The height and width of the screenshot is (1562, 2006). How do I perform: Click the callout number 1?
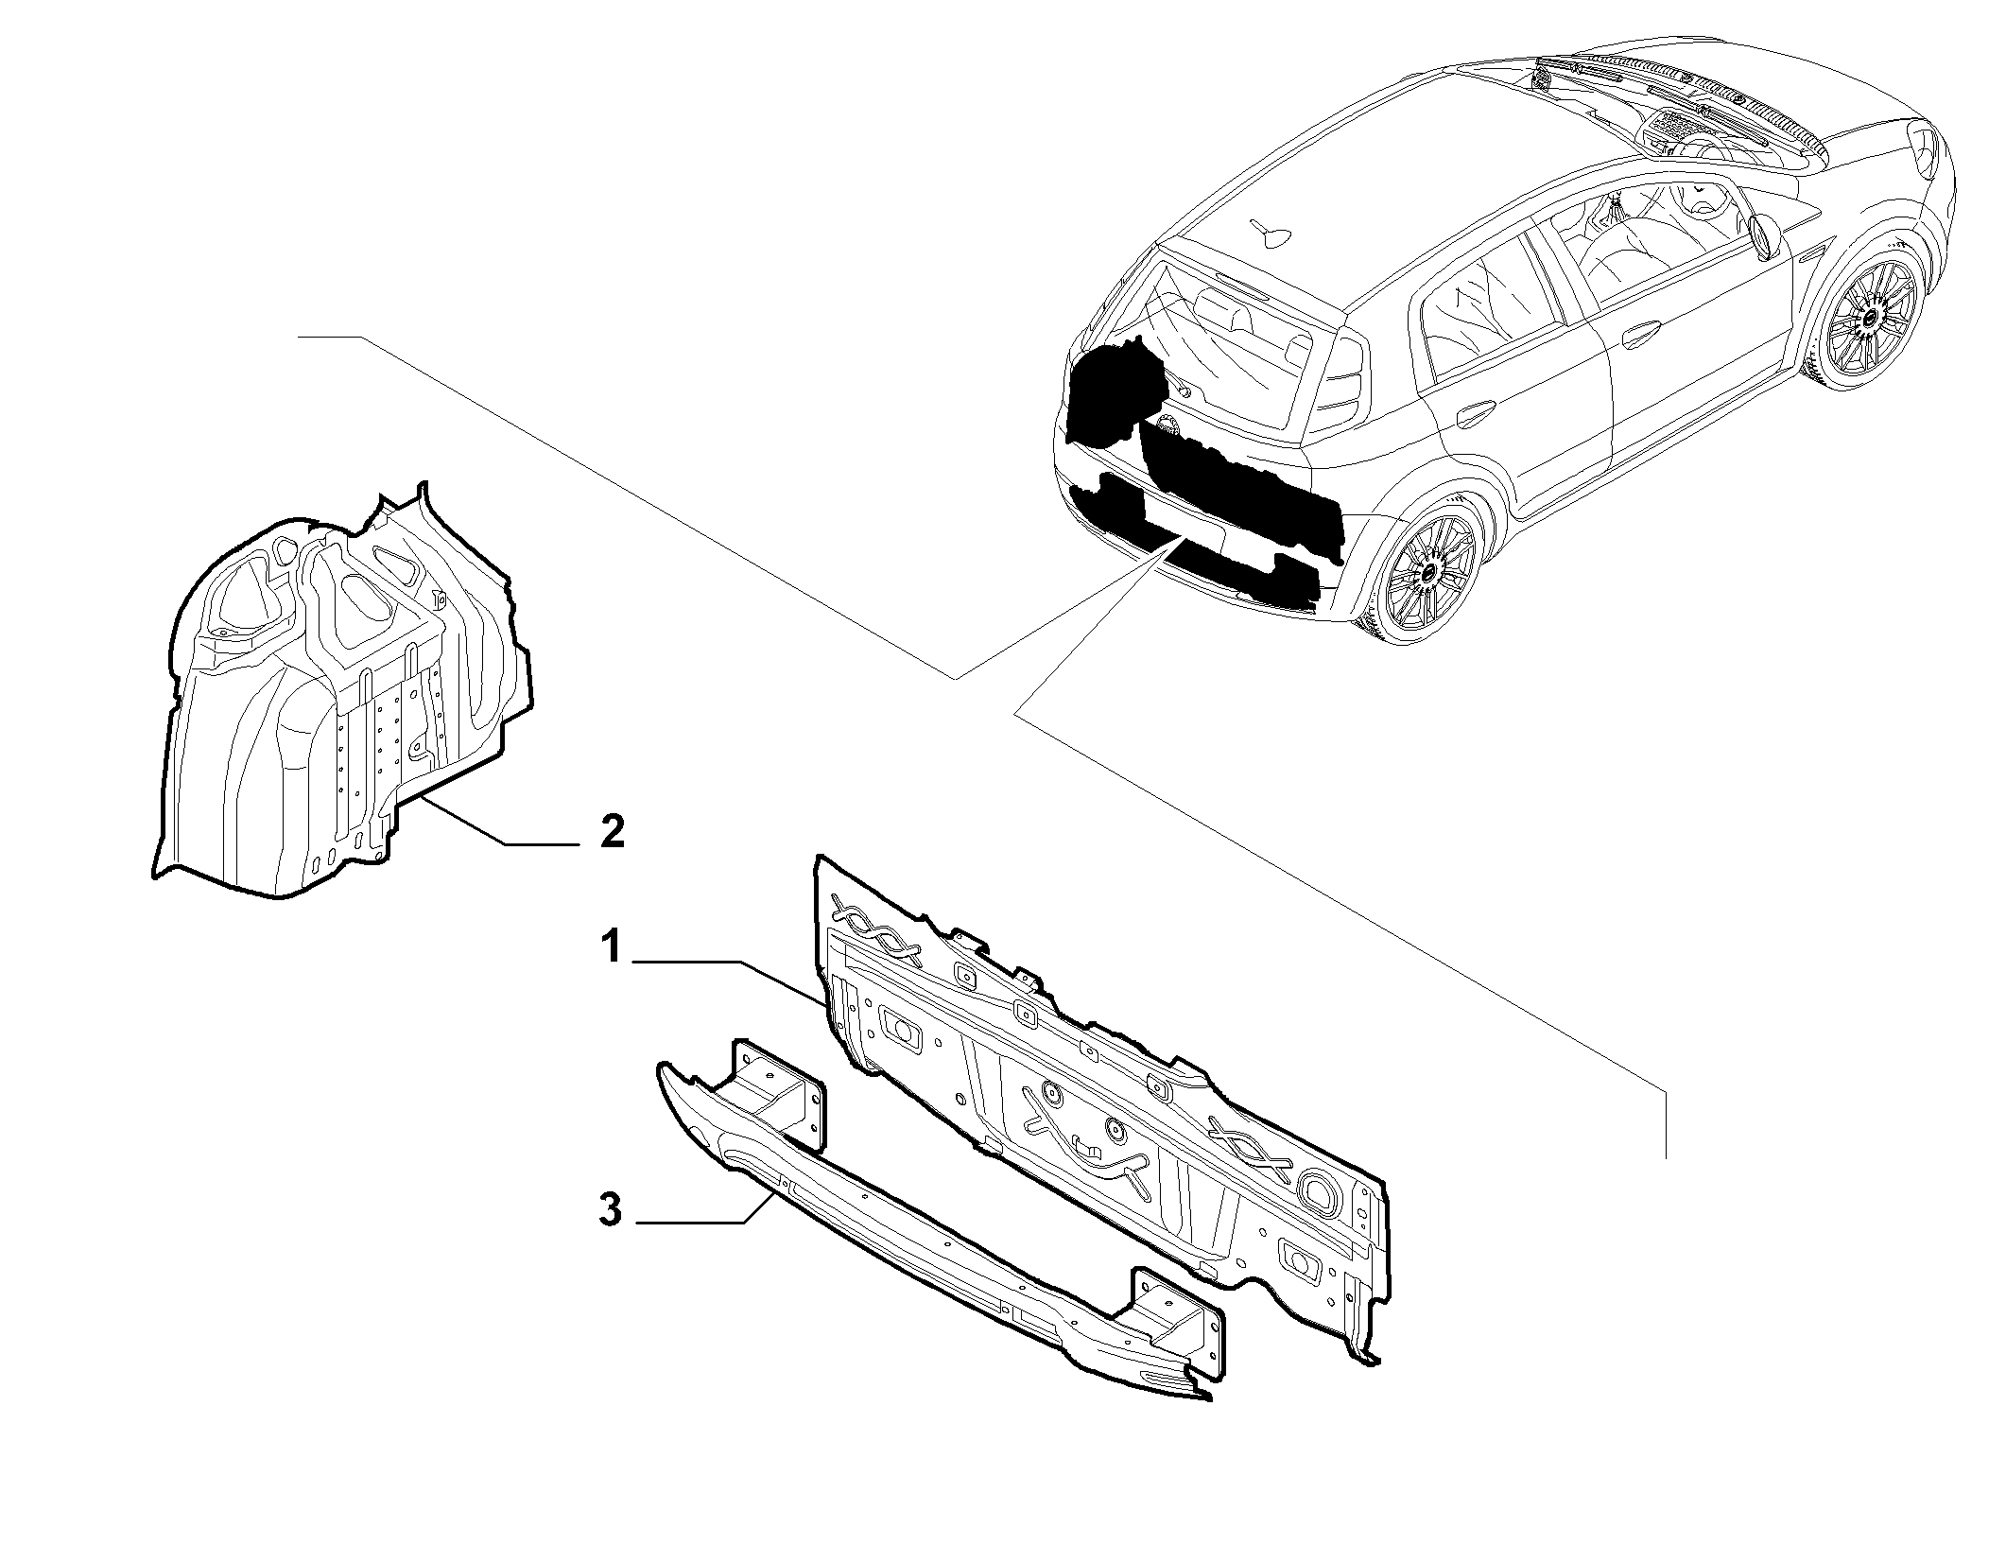point(612,946)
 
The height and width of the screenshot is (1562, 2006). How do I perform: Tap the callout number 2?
point(613,831)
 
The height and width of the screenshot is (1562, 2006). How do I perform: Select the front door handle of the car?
point(1643,334)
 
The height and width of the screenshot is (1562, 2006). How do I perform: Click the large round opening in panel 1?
point(1316,1187)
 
